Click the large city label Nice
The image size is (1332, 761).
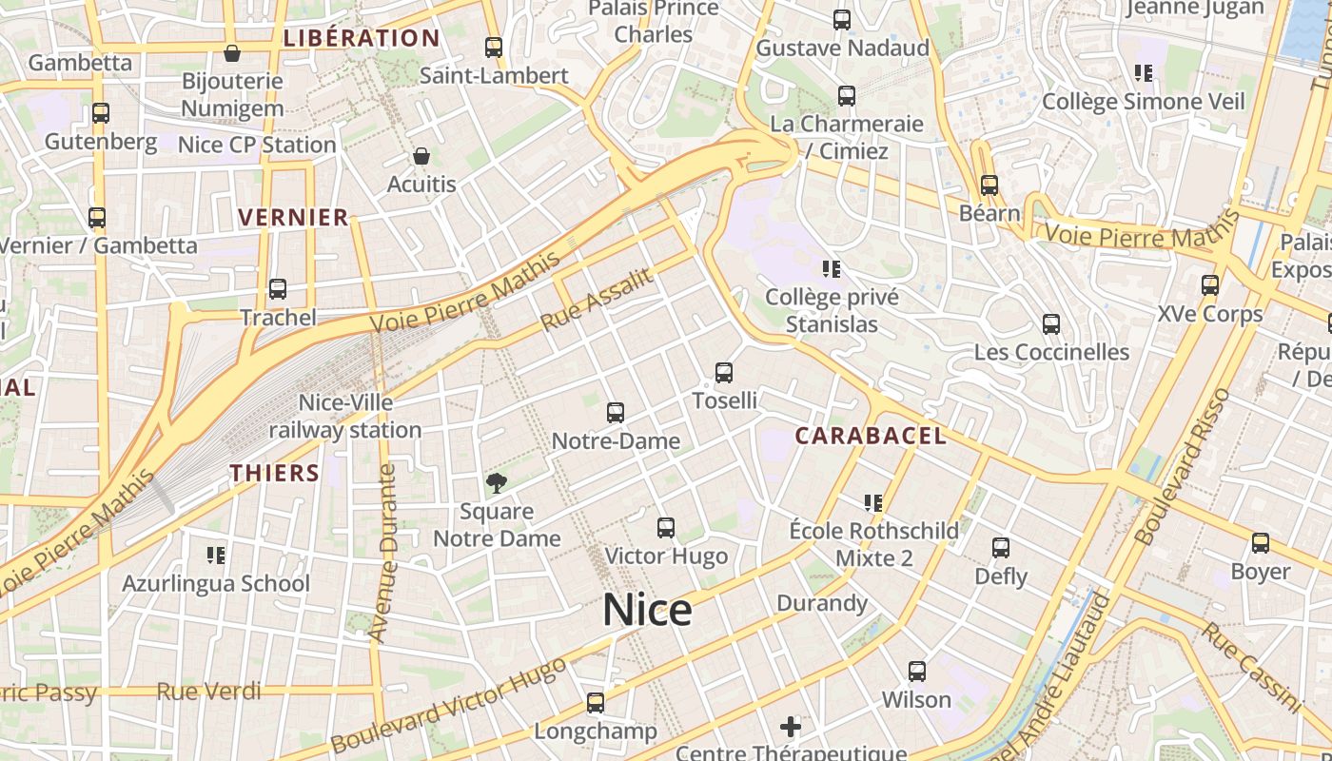pyautogui.click(x=647, y=609)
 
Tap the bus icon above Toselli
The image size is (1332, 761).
pyautogui.click(x=724, y=373)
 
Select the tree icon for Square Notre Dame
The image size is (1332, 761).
pyautogui.click(x=496, y=483)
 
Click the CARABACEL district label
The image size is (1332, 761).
pyautogui.click(x=871, y=436)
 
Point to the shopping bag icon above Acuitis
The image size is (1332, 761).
pyautogui.click(x=421, y=155)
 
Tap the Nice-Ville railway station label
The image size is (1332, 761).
pyautogui.click(x=344, y=417)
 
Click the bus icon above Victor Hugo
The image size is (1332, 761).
pyautogui.click(x=666, y=528)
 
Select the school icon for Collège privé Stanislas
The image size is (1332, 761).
pyautogui.click(x=832, y=269)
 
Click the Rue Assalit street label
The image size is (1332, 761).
pyautogui.click(x=597, y=300)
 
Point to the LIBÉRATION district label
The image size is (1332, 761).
pyautogui.click(x=362, y=39)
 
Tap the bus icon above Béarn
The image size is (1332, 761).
pyautogui.click(x=989, y=185)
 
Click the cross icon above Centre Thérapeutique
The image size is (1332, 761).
pyautogui.click(x=791, y=728)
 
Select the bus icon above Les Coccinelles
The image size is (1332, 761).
pyautogui.click(x=1051, y=324)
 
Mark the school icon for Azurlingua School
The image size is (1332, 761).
pyautogui.click(x=216, y=555)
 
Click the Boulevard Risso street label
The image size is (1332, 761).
pyautogui.click(x=1183, y=466)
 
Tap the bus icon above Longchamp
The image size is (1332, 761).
pyautogui.click(x=596, y=703)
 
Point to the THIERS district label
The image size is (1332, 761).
pyautogui.click(x=275, y=473)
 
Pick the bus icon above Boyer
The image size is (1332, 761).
pyautogui.click(x=1261, y=543)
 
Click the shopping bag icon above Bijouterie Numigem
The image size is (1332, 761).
pyautogui.click(x=231, y=53)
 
